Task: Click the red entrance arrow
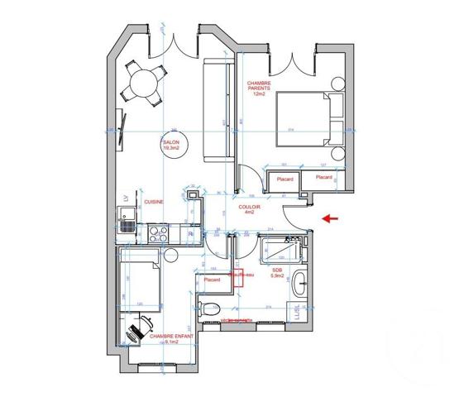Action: point(329,219)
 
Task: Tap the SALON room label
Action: point(170,146)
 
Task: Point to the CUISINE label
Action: point(154,202)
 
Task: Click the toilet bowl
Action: point(204,309)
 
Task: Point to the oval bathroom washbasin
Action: point(299,284)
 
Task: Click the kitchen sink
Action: point(127,224)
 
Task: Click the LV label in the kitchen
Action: point(125,198)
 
